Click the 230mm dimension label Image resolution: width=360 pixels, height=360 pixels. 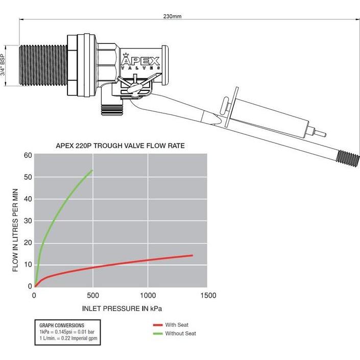coord(172,16)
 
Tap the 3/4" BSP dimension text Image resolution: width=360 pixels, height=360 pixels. coord(3,65)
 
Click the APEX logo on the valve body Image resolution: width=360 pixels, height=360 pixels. coord(140,61)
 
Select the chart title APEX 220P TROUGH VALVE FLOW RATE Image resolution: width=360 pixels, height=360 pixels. coord(121,146)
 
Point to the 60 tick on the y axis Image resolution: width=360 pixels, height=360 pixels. coord(28,155)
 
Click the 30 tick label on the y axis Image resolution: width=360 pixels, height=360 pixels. coord(28,221)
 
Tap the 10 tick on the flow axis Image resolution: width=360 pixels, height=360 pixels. coord(28,265)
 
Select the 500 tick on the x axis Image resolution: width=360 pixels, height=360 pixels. coord(93,295)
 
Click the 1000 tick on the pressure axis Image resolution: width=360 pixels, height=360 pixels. coord(148,295)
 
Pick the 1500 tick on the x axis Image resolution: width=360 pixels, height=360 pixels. coord(208,295)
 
